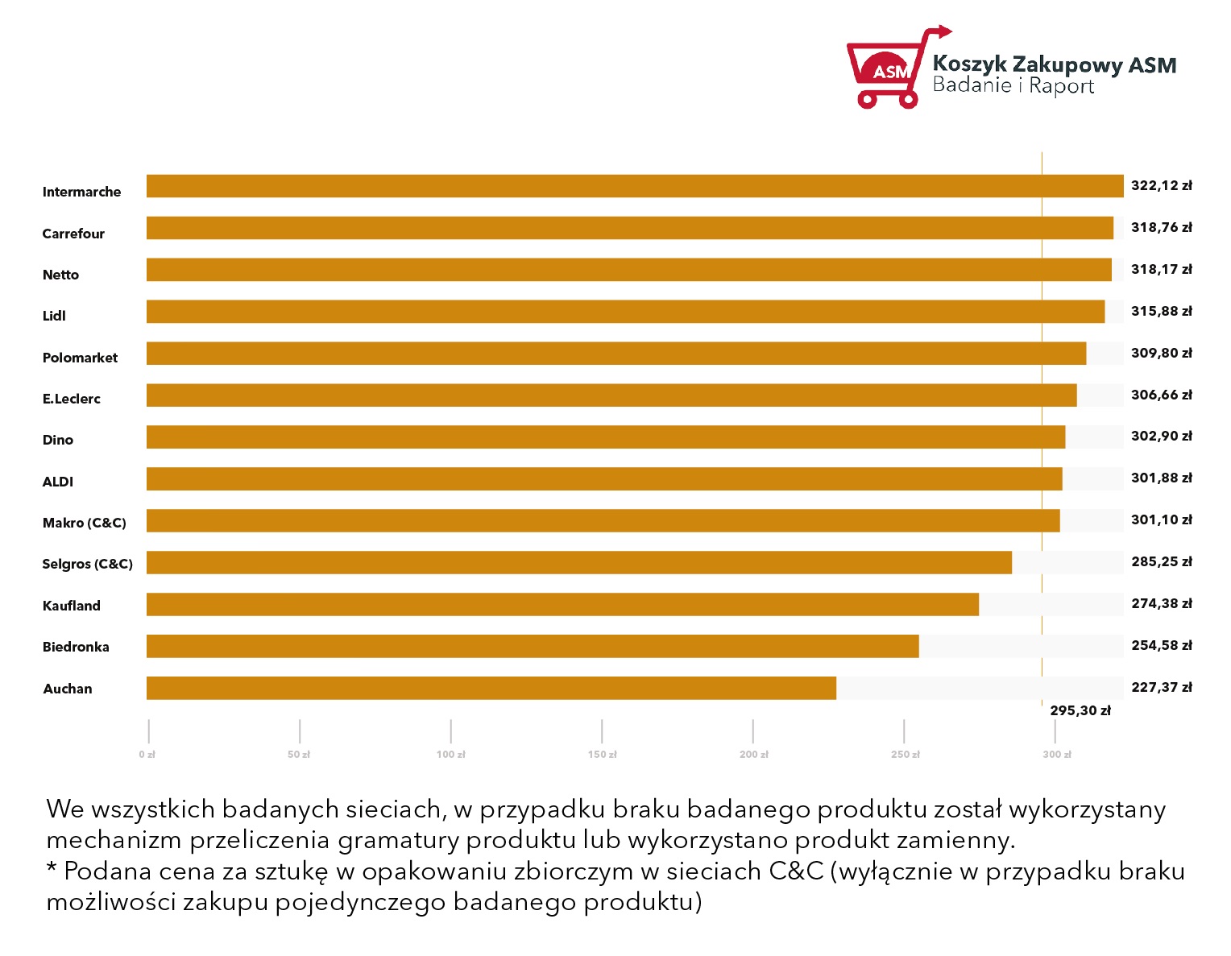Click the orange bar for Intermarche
[x=635, y=186]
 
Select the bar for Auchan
[x=491, y=688]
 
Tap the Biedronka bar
[x=533, y=646]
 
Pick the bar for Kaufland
[x=562, y=604]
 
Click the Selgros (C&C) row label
[x=88, y=564]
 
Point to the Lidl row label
[x=54, y=316]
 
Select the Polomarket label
[x=80, y=358]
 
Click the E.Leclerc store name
[x=72, y=399]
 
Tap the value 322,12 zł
[x=1162, y=185]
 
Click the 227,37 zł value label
[x=1162, y=687]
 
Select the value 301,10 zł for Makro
[x=1162, y=519]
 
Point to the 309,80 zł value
[x=1162, y=353]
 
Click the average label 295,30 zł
[x=1080, y=710]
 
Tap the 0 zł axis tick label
[x=147, y=754]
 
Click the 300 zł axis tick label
[x=1057, y=754]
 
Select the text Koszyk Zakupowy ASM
[x=1055, y=64]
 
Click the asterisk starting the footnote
[x=52, y=867]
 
